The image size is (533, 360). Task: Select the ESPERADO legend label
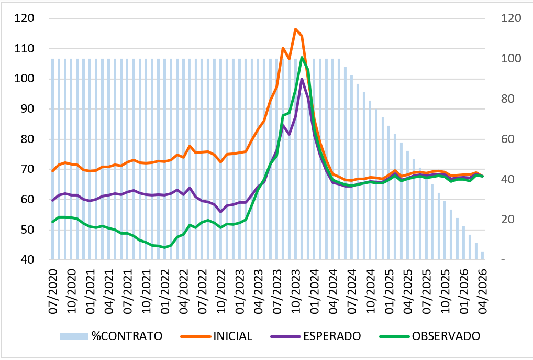[x=332, y=336]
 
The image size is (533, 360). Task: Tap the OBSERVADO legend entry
[x=446, y=336]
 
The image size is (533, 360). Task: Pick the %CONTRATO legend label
[x=127, y=336]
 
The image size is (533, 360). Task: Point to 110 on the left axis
[x=24, y=49]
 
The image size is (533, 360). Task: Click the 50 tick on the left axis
[x=27, y=230]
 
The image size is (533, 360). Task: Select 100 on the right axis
[x=511, y=58]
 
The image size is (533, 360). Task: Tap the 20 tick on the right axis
[x=508, y=220]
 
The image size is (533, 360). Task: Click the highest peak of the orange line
[x=295, y=29]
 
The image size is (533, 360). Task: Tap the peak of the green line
[x=302, y=57]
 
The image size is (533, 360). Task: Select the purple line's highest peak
[x=302, y=79]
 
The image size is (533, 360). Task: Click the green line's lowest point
[x=165, y=248]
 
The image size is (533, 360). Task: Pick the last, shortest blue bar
[x=482, y=256]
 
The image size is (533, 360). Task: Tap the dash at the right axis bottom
[x=503, y=260]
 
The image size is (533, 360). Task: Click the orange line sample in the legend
[x=195, y=336]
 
